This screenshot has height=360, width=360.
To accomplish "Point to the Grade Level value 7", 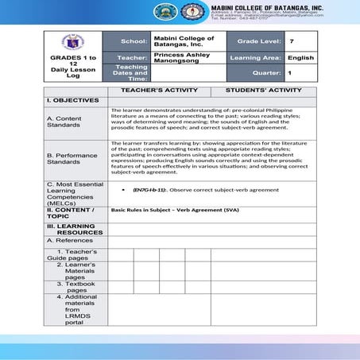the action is (x=292, y=40).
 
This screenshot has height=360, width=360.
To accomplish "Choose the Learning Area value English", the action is (x=300, y=57).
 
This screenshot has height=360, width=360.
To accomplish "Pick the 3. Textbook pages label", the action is (x=76, y=286).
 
